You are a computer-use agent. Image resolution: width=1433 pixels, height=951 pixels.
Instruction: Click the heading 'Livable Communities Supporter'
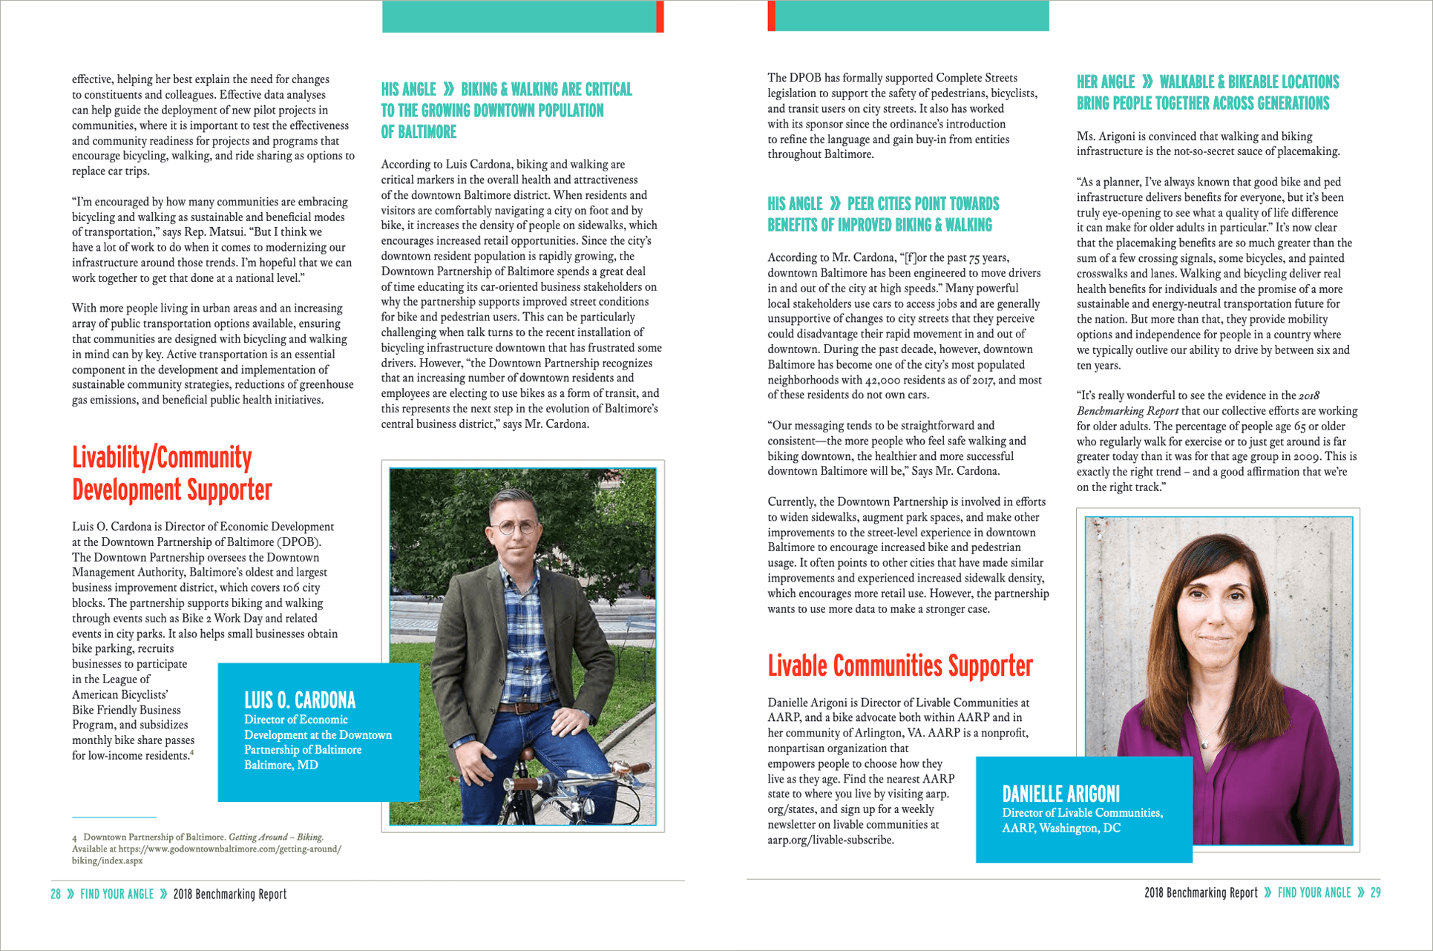click(x=899, y=666)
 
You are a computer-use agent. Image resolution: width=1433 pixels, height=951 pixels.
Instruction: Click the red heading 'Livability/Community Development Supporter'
click(x=172, y=473)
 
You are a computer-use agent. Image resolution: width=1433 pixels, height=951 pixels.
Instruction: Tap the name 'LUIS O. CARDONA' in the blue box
click(x=300, y=700)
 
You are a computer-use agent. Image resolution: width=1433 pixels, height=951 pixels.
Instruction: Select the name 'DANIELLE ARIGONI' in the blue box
click(x=1060, y=794)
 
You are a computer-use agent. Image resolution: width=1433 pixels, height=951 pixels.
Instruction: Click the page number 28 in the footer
click(x=56, y=895)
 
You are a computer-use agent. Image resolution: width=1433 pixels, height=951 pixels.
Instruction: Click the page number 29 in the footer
click(x=1375, y=893)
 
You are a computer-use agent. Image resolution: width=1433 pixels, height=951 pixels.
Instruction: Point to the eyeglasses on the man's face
click(x=515, y=527)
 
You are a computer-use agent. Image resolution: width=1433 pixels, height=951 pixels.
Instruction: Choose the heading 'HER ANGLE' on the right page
click(x=1106, y=82)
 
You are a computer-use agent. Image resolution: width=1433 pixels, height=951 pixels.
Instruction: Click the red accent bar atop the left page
click(x=660, y=16)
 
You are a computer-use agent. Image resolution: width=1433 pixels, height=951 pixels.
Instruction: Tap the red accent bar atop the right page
click(x=772, y=16)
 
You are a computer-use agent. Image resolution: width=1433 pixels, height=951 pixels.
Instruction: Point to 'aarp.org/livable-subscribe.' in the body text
click(x=830, y=840)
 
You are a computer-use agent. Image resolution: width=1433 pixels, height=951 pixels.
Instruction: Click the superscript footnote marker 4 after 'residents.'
click(x=192, y=753)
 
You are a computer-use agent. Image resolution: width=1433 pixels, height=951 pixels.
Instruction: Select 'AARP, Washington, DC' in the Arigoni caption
click(x=1061, y=829)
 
